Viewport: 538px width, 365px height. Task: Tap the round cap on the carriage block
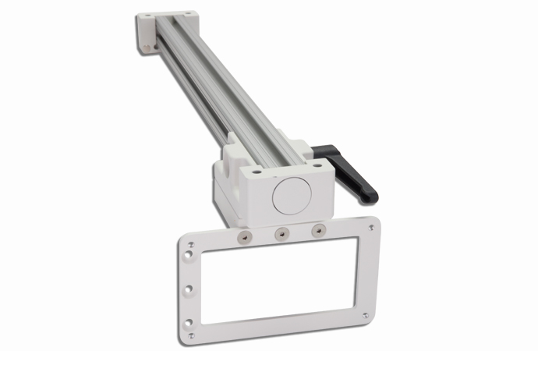point(290,194)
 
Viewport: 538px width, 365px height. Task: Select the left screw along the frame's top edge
point(246,235)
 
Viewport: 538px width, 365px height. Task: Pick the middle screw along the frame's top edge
point(282,232)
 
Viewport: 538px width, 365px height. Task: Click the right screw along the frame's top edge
point(317,230)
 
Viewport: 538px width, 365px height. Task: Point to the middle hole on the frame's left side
point(187,289)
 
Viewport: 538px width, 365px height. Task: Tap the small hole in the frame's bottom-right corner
point(366,315)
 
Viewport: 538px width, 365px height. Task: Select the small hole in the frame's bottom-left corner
point(189,337)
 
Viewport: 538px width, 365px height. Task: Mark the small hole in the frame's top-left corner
point(183,243)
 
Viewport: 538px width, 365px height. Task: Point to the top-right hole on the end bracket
point(190,13)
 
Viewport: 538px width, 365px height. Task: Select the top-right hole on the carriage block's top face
point(317,164)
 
